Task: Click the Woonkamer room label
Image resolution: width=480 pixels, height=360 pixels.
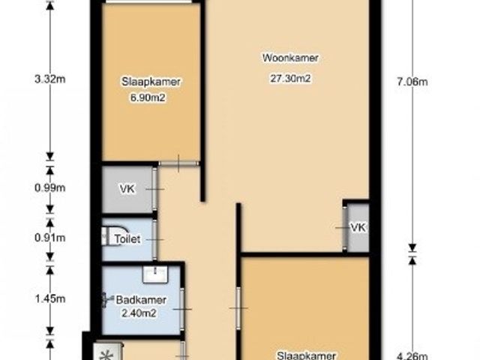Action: click(290, 58)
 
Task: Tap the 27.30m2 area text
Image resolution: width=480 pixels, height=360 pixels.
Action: click(290, 78)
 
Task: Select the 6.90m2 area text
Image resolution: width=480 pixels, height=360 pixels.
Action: click(148, 97)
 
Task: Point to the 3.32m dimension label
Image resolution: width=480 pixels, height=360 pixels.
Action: click(50, 79)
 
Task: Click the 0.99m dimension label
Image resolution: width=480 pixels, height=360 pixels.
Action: click(50, 187)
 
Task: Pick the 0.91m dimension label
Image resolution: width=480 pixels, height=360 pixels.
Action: click(50, 238)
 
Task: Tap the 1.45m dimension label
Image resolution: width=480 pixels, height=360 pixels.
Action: click(50, 298)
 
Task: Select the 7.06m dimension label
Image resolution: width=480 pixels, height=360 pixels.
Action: click(412, 82)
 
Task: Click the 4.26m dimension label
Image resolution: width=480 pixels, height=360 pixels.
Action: click(412, 356)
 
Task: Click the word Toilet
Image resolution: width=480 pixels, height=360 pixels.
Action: click(127, 238)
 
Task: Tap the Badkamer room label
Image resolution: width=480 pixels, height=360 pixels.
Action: click(141, 300)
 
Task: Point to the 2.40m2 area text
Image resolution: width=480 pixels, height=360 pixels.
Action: click(139, 313)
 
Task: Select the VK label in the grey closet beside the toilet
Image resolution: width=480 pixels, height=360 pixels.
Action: click(127, 188)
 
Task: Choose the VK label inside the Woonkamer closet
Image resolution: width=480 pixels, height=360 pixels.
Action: click(358, 227)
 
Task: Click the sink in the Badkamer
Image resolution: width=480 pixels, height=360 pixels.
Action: click(155, 274)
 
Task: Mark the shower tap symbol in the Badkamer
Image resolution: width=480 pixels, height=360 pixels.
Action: click(106, 298)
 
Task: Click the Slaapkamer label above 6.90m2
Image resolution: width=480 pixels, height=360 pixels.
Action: click(151, 82)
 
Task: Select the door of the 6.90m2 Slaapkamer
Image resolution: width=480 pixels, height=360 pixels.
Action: click(178, 163)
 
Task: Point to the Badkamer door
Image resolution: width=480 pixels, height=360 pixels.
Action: click(182, 309)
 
